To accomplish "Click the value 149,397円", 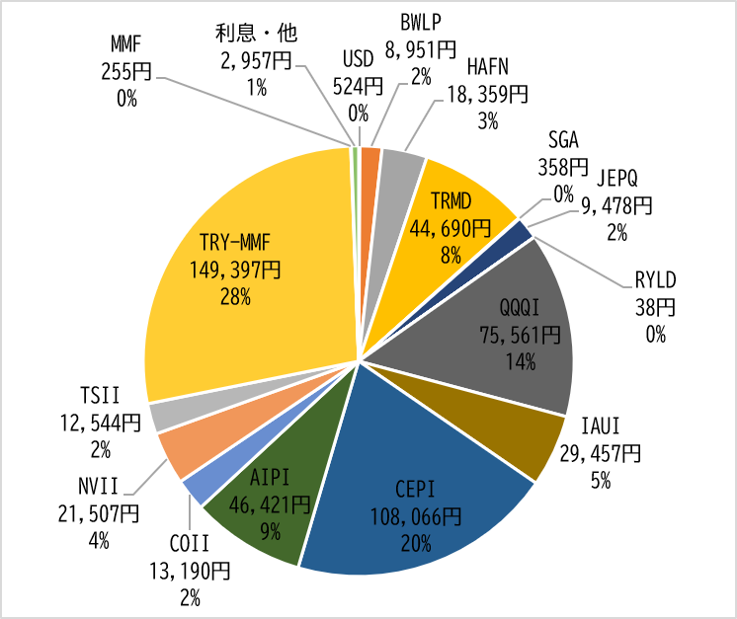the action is coord(235,271).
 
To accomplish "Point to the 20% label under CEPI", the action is coord(416,544).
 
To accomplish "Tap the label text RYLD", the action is coord(656,280).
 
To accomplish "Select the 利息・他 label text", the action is coord(257,33).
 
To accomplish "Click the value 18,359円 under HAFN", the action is coord(487,95).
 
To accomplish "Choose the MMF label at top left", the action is coord(126,44).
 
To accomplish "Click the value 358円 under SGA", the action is coord(563,167).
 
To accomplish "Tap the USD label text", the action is coord(359,59).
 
